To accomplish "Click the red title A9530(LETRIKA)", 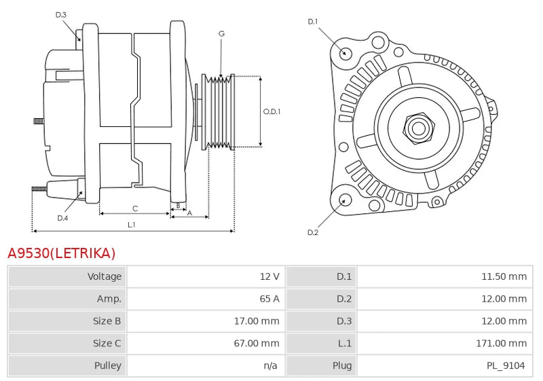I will [62, 253].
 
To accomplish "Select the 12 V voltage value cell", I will [269, 276].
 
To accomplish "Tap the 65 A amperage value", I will [269, 299].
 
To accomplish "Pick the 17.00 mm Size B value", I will [257, 321].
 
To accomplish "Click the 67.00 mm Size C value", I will [257, 344].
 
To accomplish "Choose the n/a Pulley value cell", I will [270, 366].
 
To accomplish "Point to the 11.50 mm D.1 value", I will [504, 276].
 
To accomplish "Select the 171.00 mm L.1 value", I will [501, 344].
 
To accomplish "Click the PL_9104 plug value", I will [506, 366].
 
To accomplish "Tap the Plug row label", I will [342, 366].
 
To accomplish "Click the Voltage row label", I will [105, 276].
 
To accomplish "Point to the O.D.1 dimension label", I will [272, 111].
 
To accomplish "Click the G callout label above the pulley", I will [221, 33].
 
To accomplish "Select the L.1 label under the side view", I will [132, 224].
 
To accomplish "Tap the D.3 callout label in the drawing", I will [61, 14].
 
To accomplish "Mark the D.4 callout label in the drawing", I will [62, 218].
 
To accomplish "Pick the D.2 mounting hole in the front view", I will [345, 200].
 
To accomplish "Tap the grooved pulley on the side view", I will [219, 111].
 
